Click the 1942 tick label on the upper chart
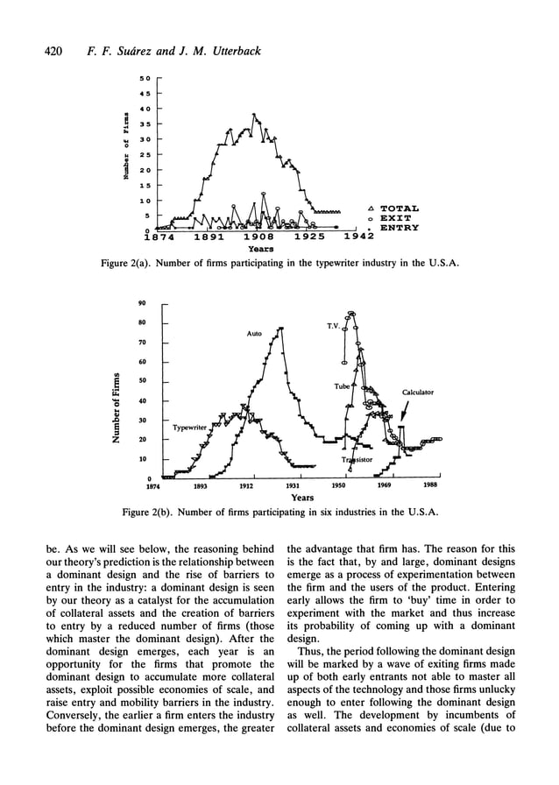357,237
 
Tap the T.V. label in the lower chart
335,326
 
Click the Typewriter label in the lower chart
189,428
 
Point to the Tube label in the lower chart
342,386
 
